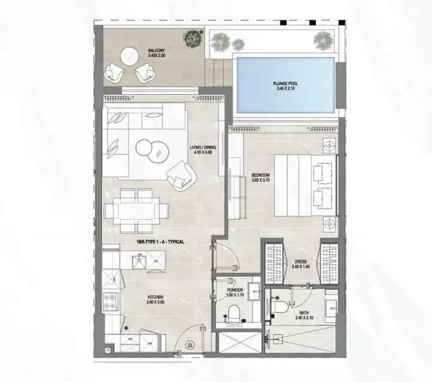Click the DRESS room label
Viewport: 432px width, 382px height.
coord(302,264)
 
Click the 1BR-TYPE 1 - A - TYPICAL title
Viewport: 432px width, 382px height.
coord(159,243)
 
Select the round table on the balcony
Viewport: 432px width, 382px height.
coord(131,57)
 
